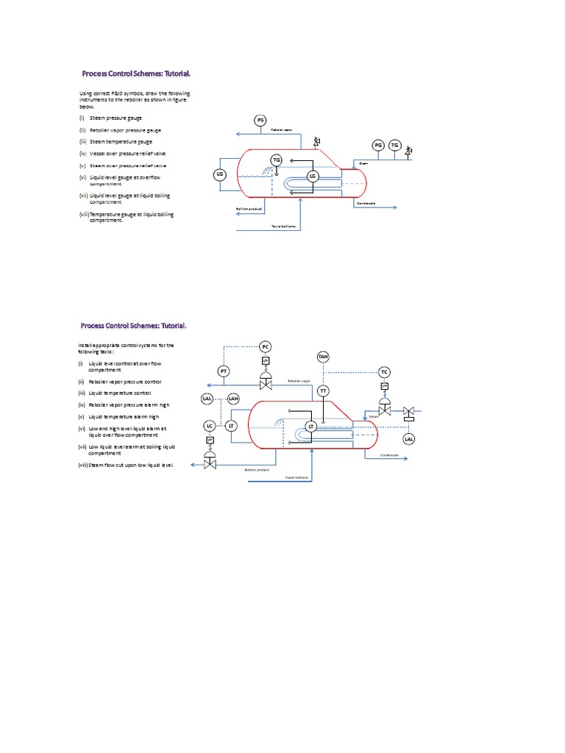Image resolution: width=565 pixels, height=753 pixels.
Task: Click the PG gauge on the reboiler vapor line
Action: pyautogui.click(x=260, y=120)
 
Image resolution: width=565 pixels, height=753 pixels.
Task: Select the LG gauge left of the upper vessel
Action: pyautogui.click(x=218, y=174)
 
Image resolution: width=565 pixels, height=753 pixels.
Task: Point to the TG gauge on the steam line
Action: pyautogui.click(x=395, y=146)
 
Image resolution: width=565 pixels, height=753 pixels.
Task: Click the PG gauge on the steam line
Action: pyautogui.click(x=379, y=146)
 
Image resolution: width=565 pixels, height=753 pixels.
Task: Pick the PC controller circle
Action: pyautogui.click(x=266, y=346)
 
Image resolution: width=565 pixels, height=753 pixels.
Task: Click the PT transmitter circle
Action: pyautogui.click(x=224, y=372)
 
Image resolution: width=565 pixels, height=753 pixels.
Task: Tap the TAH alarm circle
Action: pyautogui.click(x=323, y=357)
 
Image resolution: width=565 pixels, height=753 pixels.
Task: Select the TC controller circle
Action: pyautogui.click(x=384, y=372)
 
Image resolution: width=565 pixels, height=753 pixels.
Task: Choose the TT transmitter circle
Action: pyautogui.click(x=323, y=390)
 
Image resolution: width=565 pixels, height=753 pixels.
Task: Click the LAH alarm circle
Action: pyautogui.click(x=233, y=399)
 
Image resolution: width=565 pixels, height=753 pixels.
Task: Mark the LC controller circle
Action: pyautogui.click(x=210, y=426)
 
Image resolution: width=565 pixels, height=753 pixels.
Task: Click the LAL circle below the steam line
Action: pyautogui.click(x=409, y=439)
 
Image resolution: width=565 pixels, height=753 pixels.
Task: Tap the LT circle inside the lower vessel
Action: pyautogui.click(x=311, y=426)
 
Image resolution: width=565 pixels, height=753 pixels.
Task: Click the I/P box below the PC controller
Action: pyautogui.click(x=266, y=360)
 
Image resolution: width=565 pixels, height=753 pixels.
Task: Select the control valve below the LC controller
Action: pyautogui.click(x=210, y=463)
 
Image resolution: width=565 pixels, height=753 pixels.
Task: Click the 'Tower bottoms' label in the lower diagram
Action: pyautogui.click(x=298, y=477)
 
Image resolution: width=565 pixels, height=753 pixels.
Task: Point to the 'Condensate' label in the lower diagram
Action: pyautogui.click(x=389, y=455)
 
